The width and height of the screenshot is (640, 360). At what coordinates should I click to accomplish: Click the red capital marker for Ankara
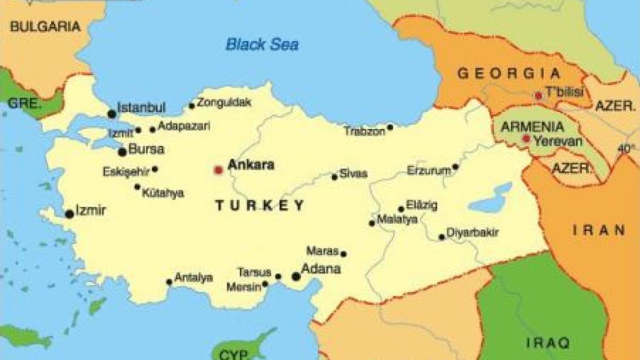218,170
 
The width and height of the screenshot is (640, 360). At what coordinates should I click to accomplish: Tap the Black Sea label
262,44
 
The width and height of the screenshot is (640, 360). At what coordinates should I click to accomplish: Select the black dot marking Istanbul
112,114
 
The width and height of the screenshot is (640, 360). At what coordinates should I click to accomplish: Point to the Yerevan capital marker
526,139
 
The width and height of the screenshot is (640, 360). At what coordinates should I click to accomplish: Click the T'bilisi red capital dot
539,95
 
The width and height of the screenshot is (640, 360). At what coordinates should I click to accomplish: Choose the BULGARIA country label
45,26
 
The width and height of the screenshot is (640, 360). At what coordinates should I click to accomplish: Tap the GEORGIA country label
509,74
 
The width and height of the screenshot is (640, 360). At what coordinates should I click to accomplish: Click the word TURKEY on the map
260,205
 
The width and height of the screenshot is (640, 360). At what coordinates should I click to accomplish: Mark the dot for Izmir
69,214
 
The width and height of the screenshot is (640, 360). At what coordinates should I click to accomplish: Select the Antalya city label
194,278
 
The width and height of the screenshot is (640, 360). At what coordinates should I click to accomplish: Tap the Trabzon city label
364,131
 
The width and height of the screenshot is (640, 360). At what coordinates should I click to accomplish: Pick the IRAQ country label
548,342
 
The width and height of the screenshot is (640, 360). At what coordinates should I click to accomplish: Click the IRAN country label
599,230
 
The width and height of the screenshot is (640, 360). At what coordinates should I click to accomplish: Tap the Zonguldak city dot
192,106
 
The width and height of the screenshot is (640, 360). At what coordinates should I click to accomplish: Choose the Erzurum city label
425,171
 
